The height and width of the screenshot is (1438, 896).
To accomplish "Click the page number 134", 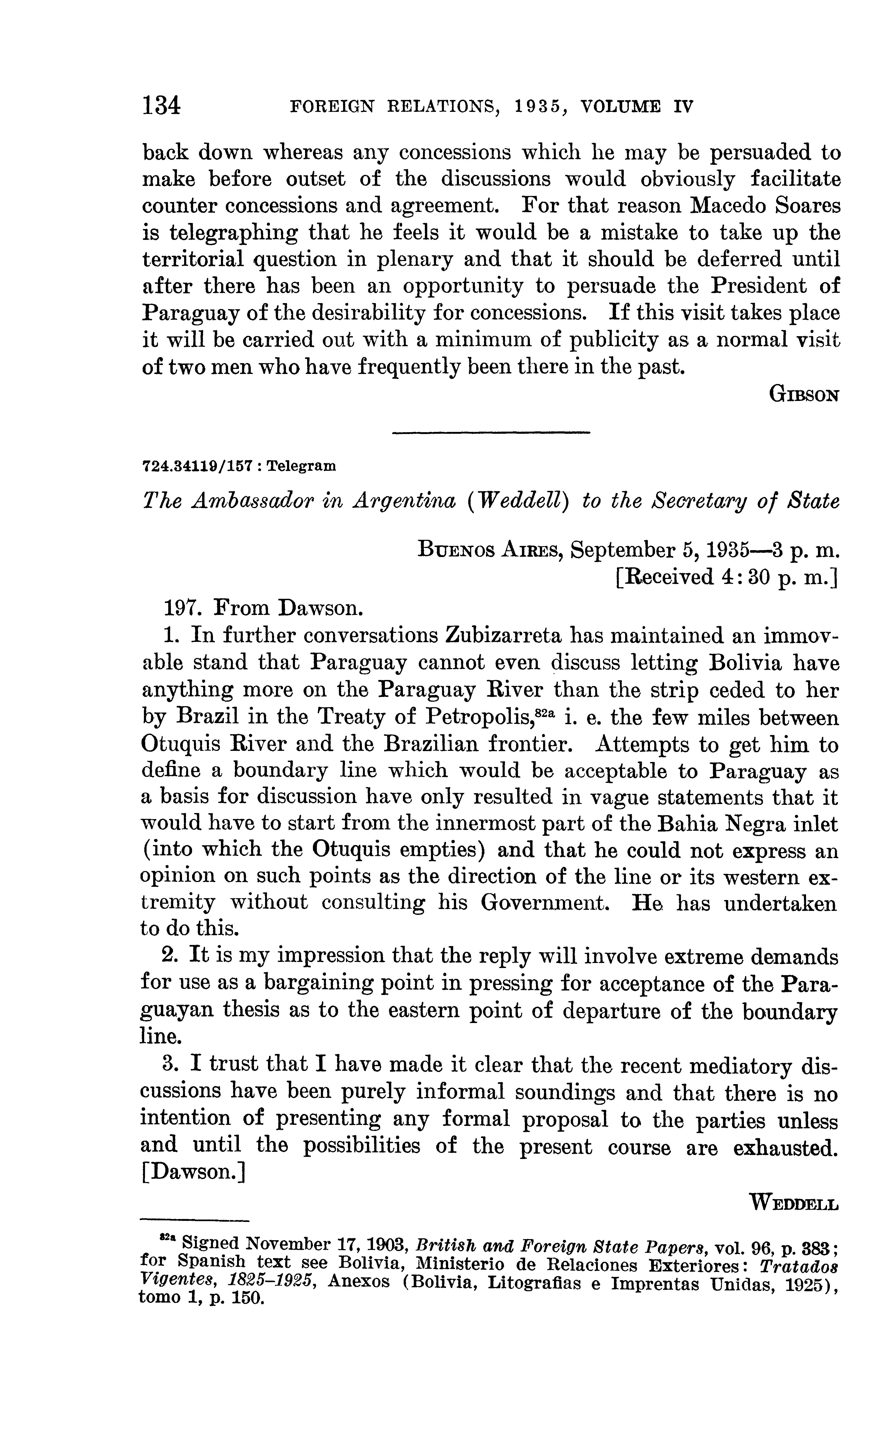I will click(161, 106).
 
